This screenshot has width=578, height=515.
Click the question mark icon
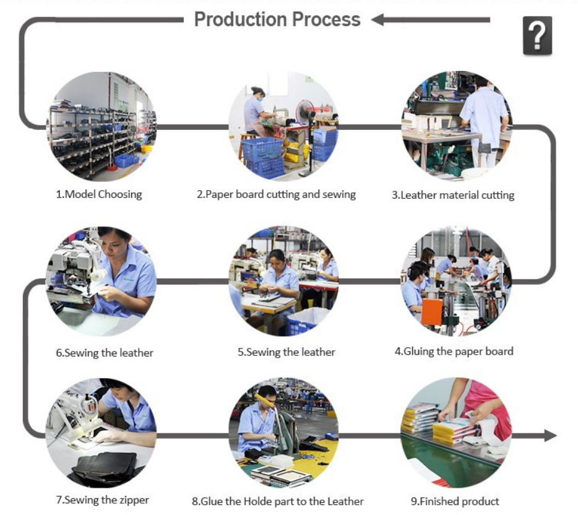537,35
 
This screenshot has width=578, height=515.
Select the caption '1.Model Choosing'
99,194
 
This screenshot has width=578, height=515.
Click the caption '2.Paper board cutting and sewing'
276,194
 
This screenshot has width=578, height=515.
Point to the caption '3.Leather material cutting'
453,195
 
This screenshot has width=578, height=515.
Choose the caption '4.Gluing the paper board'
454,352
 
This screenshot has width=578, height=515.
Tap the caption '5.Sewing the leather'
287,352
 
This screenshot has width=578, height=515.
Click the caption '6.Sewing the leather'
105,353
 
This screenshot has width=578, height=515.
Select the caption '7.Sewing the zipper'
103,500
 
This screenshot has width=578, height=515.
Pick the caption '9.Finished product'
455,501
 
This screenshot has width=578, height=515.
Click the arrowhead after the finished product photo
550,435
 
